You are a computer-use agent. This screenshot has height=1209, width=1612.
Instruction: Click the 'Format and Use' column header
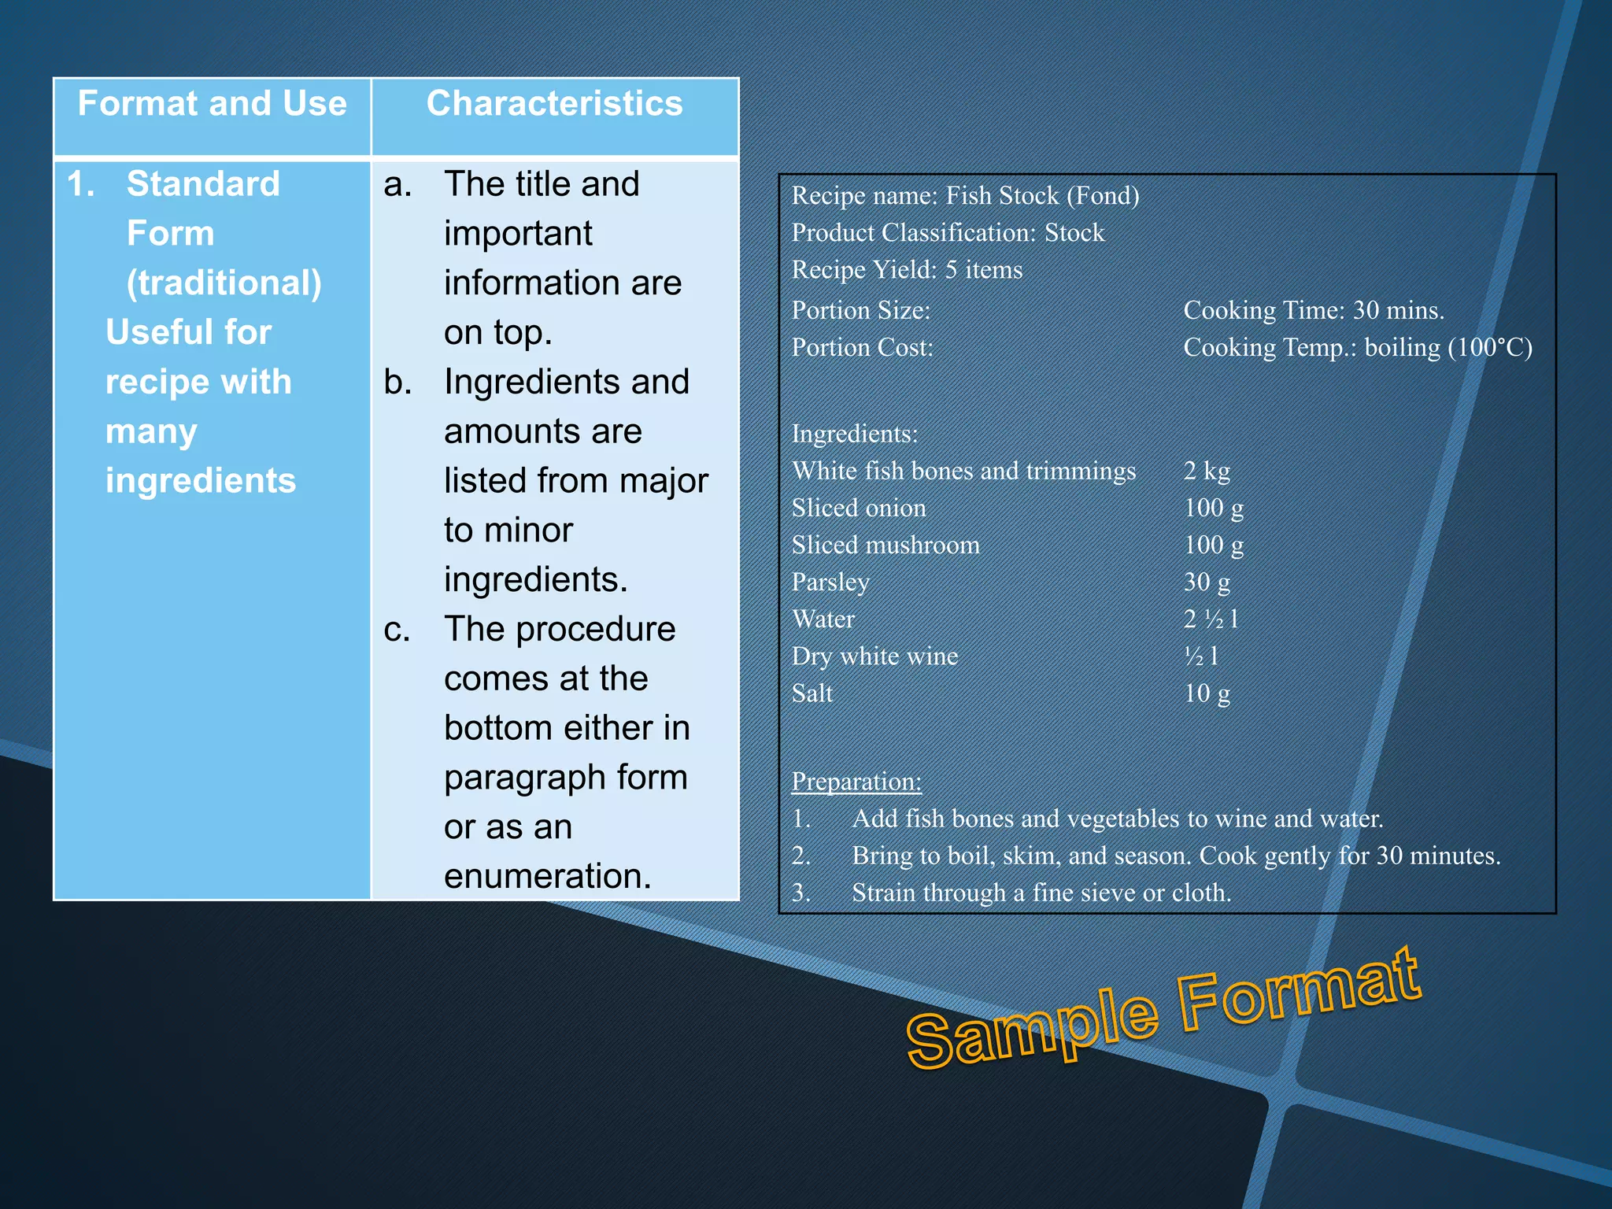click(x=212, y=104)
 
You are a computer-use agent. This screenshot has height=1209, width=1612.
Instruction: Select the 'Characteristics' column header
click(x=554, y=104)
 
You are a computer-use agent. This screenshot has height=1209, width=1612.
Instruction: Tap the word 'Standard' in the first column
click(x=203, y=184)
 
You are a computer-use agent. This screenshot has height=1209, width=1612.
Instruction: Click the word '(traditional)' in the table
click(x=224, y=283)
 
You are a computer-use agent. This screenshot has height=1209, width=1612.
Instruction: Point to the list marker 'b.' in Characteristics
click(x=397, y=383)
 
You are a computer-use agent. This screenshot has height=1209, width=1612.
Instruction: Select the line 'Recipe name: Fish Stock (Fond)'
click(x=965, y=196)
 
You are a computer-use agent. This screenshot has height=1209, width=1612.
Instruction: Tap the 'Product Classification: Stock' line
click(x=948, y=233)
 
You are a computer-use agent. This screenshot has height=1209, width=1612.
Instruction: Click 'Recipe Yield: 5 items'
click(x=907, y=270)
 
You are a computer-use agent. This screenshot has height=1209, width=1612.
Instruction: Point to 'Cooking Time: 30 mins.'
click(x=1314, y=311)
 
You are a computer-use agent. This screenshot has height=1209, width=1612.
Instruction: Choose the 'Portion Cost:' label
click(x=862, y=348)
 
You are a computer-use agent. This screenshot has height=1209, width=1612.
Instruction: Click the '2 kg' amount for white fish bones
click(x=1207, y=471)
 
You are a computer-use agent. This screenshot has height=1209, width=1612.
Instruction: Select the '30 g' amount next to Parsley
click(x=1207, y=582)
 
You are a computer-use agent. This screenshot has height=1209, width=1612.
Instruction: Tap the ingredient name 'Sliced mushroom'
click(x=885, y=545)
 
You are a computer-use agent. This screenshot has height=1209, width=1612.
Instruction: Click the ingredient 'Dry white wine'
click(x=874, y=656)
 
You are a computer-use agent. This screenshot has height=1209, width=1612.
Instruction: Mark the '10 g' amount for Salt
click(x=1207, y=693)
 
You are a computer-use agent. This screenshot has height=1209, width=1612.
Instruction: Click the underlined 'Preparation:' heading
click(x=856, y=782)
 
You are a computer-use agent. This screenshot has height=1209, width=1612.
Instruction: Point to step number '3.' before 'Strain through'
click(x=801, y=893)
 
